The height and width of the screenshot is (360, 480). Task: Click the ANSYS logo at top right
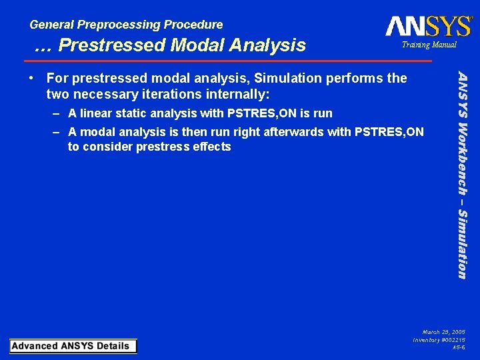(428, 26)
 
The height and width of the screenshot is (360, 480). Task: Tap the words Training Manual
(429, 45)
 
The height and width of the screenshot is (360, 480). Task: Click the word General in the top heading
(52, 25)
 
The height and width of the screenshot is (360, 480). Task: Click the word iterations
(157, 94)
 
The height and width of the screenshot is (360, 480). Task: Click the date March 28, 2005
(444, 331)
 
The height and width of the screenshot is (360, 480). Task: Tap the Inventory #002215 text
(439, 340)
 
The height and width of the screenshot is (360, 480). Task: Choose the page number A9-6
(459, 348)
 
